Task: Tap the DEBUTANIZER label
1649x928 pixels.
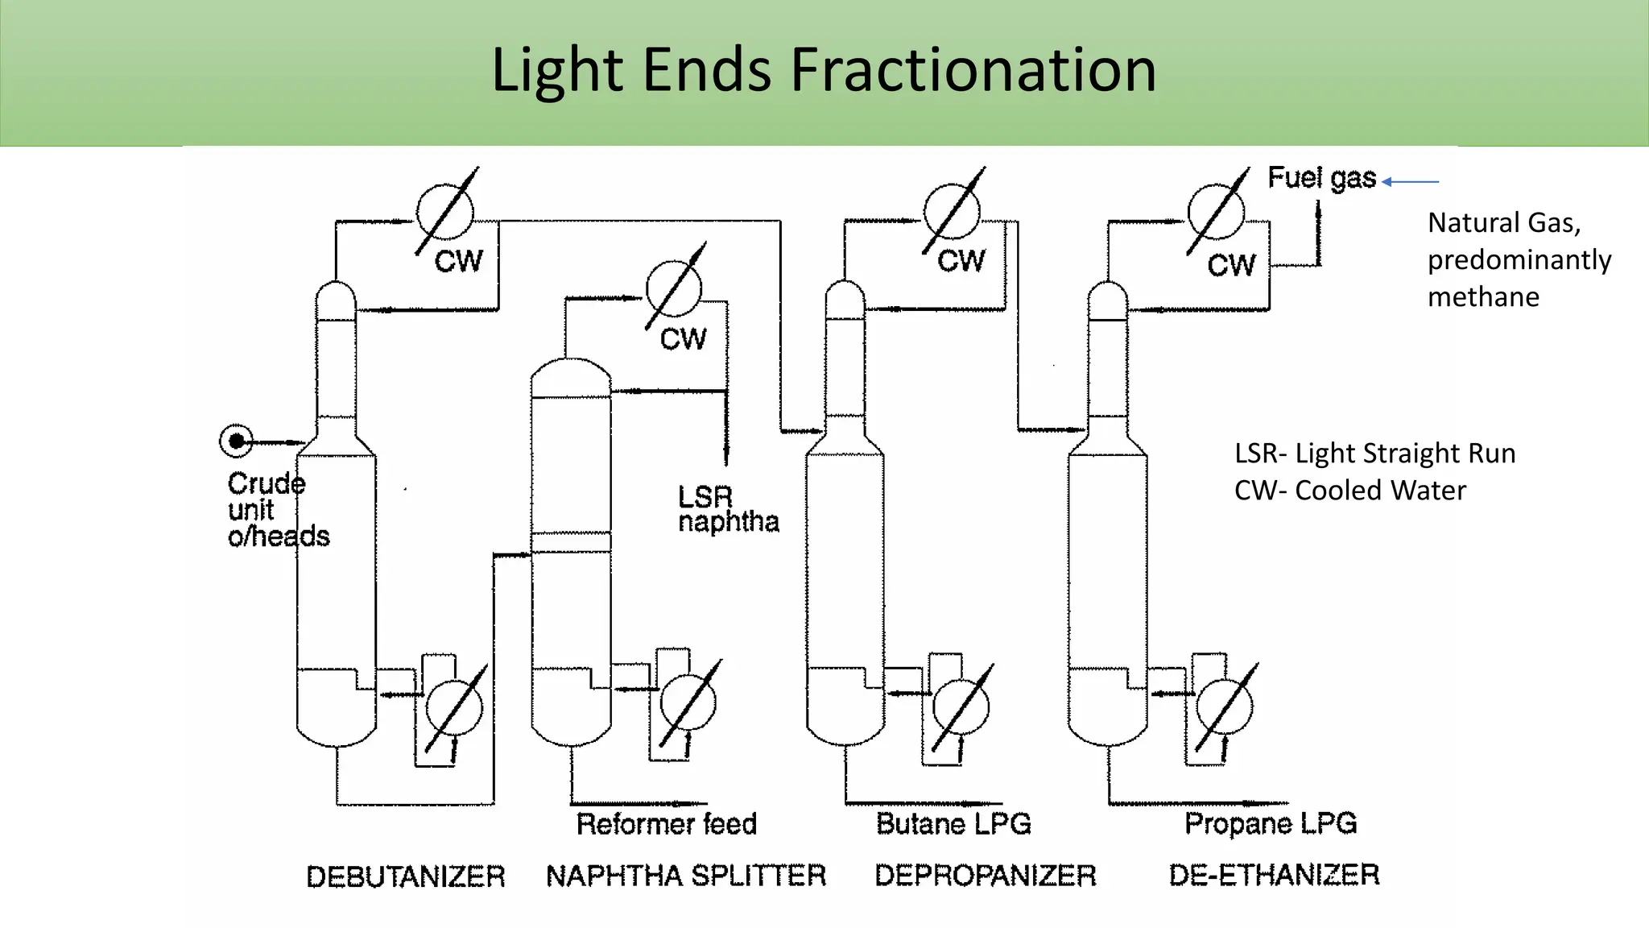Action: click(406, 876)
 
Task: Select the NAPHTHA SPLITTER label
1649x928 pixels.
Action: click(686, 876)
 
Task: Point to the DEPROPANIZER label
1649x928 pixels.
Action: click(986, 876)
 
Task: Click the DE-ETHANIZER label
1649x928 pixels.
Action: click(1274, 875)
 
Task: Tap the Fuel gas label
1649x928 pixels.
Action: click(1322, 178)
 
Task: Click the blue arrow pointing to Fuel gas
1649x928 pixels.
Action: click(1411, 182)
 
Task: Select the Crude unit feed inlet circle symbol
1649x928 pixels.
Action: click(236, 441)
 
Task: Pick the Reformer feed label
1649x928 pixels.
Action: click(667, 824)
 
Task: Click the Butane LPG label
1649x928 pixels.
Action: click(953, 824)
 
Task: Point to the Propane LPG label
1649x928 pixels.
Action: click(1271, 823)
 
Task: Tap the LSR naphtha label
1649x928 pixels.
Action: click(728, 510)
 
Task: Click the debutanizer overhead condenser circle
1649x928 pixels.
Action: click(444, 213)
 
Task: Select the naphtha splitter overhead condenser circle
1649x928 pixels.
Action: click(674, 288)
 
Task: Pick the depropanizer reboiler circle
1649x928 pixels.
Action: click(961, 707)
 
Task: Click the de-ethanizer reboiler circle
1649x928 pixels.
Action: click(1225, 707)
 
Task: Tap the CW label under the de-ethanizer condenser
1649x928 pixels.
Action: click(1231, 265)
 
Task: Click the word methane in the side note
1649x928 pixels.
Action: click(1483, 297)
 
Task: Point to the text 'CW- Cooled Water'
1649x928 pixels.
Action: click(1350, 491)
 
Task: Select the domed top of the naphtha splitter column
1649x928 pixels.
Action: click(571, 376)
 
